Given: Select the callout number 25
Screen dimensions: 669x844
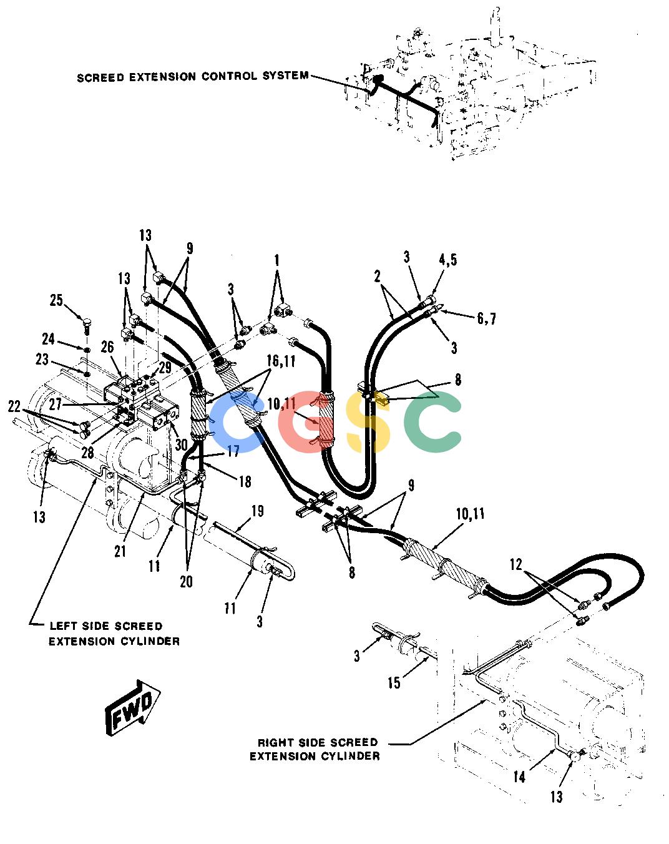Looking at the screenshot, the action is point(56,300).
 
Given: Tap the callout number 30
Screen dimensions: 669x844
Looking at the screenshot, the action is point(181,444).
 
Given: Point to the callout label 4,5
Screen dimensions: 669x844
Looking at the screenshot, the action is point(448,260).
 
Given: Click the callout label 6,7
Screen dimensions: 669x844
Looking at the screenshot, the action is point(487,318).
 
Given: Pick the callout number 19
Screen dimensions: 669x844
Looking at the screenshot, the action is point(257,511).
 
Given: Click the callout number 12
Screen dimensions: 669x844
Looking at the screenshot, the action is point(516,564).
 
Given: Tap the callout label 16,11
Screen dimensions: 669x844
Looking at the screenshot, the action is point(281,361).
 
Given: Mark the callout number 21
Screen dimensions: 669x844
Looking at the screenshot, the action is point(120,551).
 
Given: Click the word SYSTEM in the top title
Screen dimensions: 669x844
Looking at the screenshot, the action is point(285,76).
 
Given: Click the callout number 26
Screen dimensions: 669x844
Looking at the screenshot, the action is point(107,348).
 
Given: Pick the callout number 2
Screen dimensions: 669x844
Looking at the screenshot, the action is point(377,277).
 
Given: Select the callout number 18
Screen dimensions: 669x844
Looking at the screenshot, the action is point(245,481).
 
